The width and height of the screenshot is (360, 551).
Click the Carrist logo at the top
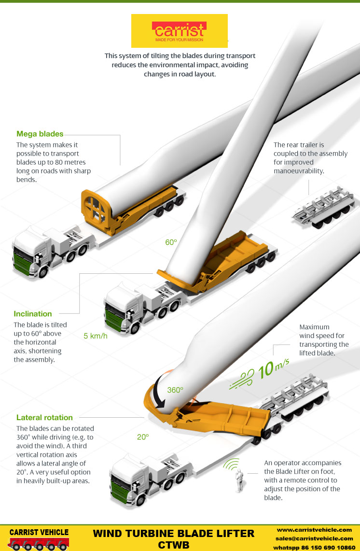coord(179,30)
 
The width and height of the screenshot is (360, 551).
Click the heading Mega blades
coord(40,134)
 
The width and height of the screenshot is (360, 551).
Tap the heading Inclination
coord(33,313)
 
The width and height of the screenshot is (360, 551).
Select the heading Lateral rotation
coord(44,417)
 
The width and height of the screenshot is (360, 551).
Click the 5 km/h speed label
coord(96,336)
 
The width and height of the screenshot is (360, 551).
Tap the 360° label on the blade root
coord(175,390)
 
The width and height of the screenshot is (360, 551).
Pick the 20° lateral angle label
coord(142,437)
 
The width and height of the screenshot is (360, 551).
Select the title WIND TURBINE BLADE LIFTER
coord(173,534)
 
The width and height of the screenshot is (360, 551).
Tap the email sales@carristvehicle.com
coord(315,538)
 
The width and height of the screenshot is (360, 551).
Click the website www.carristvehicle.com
coord(315,530)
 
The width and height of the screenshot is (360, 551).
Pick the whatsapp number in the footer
coord(315,547)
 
